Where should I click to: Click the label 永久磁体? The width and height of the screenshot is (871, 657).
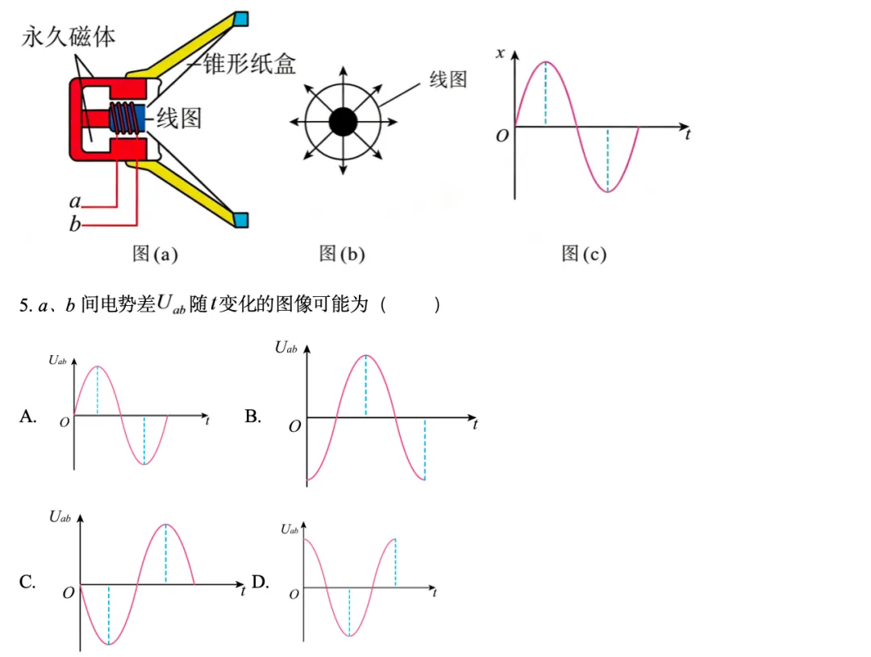point(69,36)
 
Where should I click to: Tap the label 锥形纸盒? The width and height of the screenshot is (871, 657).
point(249,64)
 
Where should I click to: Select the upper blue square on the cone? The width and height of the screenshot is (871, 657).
point(241,19)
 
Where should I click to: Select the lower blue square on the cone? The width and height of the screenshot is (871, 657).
point(241,220)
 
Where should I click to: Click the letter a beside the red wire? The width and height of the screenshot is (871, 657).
point(75,201)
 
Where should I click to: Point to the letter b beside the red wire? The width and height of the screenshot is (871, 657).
point(75,224)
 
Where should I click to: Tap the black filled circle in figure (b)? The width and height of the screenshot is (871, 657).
point(343,122)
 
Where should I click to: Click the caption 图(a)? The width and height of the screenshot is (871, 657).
point(155,253)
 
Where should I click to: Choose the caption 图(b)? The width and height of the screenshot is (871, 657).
point(342,253)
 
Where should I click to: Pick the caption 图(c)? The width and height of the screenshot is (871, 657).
point(584,253)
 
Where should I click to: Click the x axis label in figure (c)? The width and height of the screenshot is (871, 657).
point(501,53)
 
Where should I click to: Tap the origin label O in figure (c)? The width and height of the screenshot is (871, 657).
point(502,136)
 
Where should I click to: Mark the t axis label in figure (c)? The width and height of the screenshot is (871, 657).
point(688,135)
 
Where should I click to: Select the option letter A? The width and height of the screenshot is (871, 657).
point(27,416)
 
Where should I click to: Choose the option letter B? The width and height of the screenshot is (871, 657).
point(252,416)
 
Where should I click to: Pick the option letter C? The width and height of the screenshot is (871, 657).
point(27,581)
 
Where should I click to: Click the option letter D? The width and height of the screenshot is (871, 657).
point(260,581)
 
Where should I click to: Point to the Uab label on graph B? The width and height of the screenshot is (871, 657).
point(286,348)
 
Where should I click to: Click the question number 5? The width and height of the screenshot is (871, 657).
point(24,305)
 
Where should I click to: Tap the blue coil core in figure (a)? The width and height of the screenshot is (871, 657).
point(140,119)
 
